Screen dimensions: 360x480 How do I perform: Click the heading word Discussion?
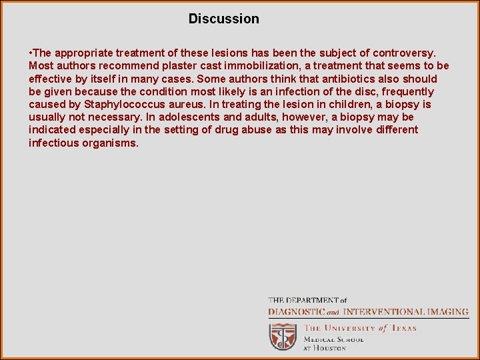pos(223,19)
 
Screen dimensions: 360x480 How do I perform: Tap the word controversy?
pos(404,53)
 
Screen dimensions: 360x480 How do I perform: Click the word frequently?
pos(407,91)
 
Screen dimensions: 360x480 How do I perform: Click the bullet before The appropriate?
pos(31,53)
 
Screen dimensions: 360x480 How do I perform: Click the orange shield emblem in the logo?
pos(282,336)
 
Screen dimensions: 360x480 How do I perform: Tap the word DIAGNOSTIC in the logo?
pos(297,311)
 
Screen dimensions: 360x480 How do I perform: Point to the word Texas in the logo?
pos(403,327)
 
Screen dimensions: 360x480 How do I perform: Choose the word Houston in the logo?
pos(331,347)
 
